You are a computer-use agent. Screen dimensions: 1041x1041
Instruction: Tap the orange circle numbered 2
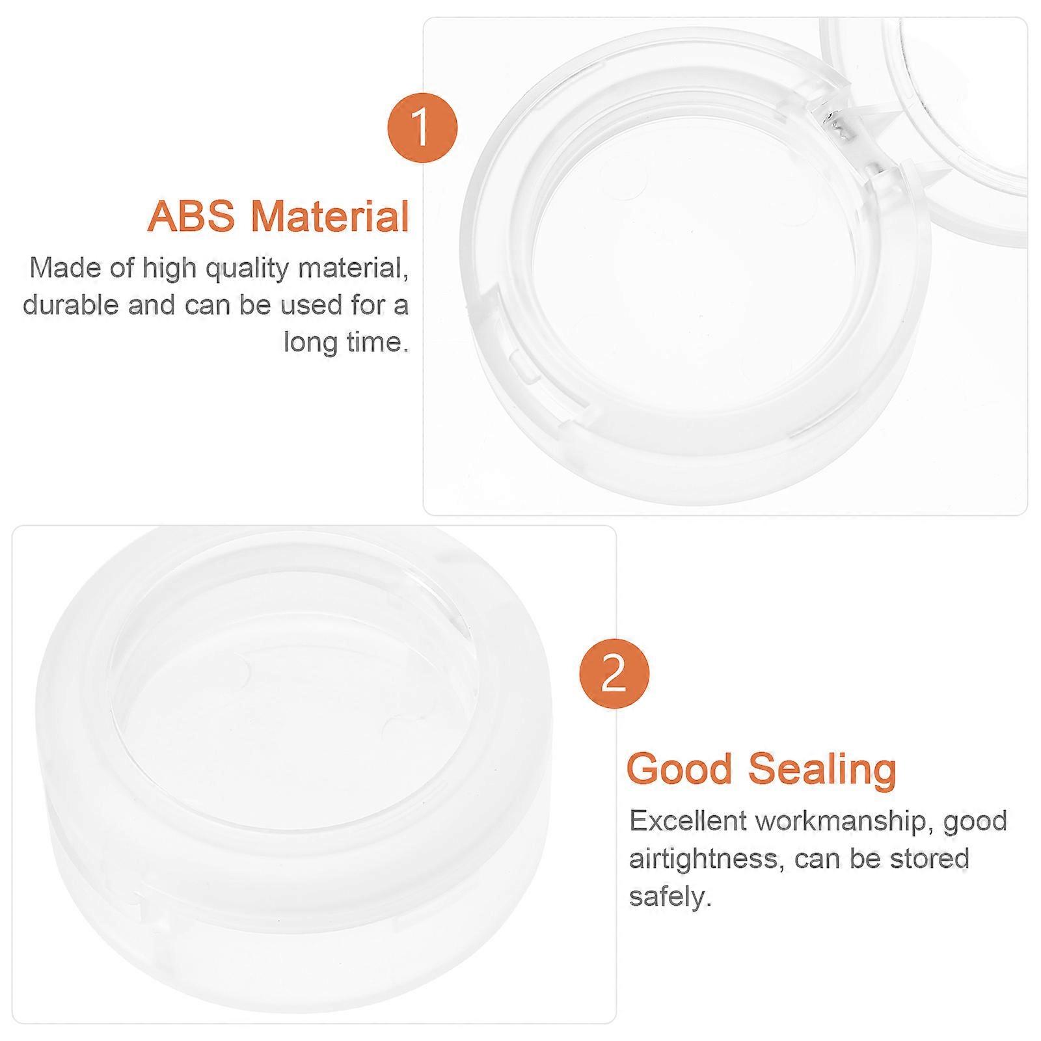614,675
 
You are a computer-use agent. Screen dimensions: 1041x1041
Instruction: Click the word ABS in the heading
191,216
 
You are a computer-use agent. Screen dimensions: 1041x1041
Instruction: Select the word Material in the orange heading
331,216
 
